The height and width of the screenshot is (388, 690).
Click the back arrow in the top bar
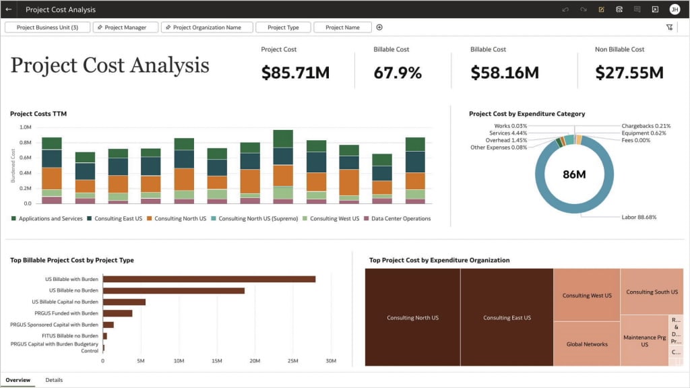point(9,9)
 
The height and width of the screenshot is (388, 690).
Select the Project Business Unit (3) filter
point(47,28)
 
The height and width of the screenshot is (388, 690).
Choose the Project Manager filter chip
point(125,28)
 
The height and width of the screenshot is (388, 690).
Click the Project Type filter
point(283,28)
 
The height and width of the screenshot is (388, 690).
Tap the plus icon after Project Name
point(379,28)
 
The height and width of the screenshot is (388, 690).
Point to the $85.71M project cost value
point(295,73)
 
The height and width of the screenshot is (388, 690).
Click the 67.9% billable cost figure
point(398,73)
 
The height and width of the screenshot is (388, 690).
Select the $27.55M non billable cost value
point(629,73)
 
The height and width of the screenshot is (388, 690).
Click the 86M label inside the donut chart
point(574,174)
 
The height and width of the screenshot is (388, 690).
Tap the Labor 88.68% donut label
point(638,218)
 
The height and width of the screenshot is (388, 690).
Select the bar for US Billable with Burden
point(209,279)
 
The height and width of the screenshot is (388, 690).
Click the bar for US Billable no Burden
point(173,290)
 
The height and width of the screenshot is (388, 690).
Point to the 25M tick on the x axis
point(293,361)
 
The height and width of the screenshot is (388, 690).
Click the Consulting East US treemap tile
point(507,317)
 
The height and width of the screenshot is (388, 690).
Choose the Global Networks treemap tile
point(586,344)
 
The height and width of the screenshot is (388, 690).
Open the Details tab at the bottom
point(54,380)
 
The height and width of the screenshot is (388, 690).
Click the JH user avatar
point(675,9)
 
